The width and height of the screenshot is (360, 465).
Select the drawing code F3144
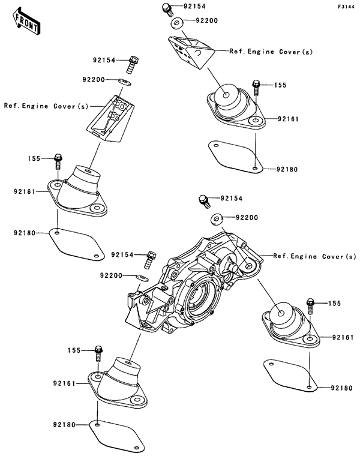tap(345, 7)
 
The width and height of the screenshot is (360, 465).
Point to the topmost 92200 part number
tap(206, 21)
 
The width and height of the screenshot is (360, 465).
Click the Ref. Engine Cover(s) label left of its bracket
tap(46, 106)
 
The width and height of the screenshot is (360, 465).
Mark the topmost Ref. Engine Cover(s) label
tap(271, 52)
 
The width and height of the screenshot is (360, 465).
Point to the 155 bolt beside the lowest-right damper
tap(311, 304)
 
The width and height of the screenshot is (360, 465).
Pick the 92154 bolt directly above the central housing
tap(204, 199)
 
